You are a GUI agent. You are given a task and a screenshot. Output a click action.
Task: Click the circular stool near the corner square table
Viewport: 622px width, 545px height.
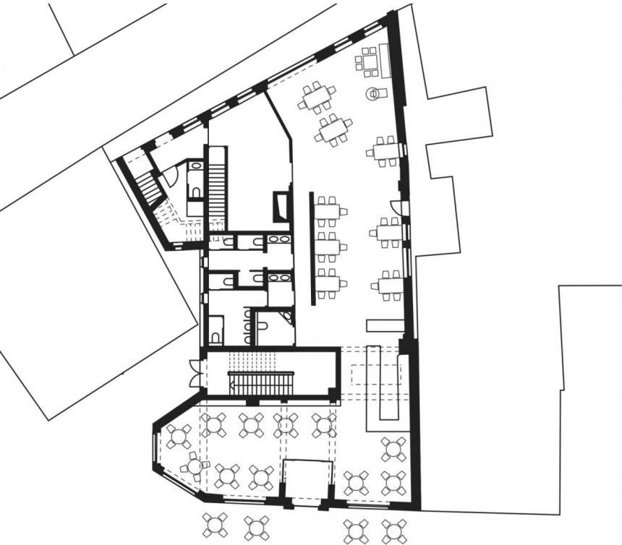375,93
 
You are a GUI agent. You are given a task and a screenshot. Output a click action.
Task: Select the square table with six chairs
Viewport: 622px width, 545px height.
370,61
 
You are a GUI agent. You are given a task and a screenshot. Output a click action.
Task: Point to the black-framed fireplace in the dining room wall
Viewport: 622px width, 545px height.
280,207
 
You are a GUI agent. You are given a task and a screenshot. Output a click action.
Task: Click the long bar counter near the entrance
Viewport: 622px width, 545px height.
376,383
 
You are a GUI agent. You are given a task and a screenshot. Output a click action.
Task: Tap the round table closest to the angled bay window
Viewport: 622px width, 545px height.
178,437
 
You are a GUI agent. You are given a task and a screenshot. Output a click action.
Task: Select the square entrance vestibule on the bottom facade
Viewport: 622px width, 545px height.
307,481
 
